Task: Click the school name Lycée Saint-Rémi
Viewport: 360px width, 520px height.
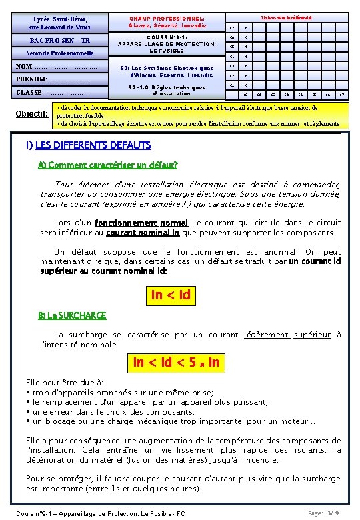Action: click(x=58, y=19)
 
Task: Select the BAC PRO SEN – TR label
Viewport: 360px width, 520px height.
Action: click(x=58, y=40)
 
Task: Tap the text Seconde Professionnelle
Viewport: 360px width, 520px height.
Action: click(x=58, y=53)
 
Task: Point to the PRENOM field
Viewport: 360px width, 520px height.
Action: click(x=53, y=80)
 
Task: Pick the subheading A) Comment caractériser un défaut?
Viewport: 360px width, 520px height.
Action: click(x=108, y=165)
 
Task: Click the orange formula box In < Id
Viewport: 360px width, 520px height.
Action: click(x=171, y=295)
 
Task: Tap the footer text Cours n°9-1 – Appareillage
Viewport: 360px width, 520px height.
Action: click(x=100, y=513)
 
